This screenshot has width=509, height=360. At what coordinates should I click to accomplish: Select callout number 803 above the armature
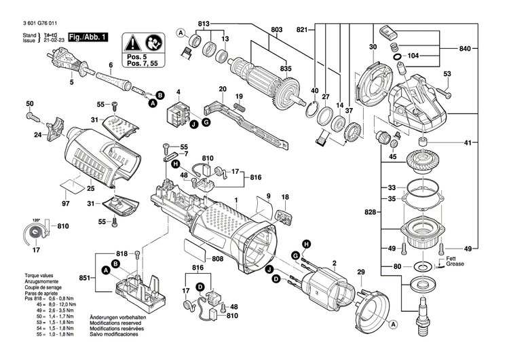276,29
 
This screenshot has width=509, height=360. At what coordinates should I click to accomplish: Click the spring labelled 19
239,105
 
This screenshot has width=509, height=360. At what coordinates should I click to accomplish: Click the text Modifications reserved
118,323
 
